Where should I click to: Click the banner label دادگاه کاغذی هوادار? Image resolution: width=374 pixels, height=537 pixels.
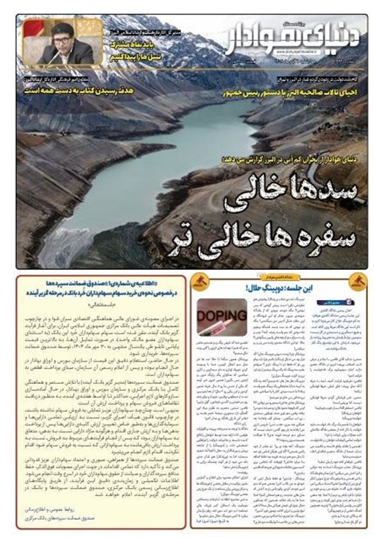coord(281,276)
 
